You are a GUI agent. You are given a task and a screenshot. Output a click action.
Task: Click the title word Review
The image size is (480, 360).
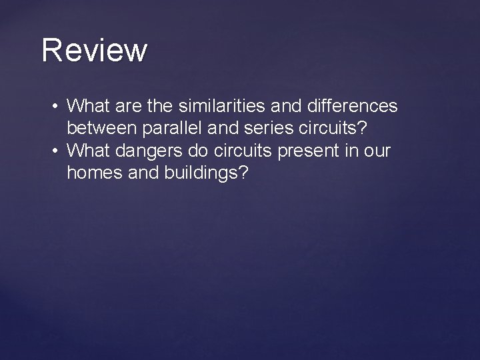click(x=94, y=51)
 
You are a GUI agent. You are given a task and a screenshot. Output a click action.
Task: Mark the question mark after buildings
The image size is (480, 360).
click(x=243, y=174)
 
